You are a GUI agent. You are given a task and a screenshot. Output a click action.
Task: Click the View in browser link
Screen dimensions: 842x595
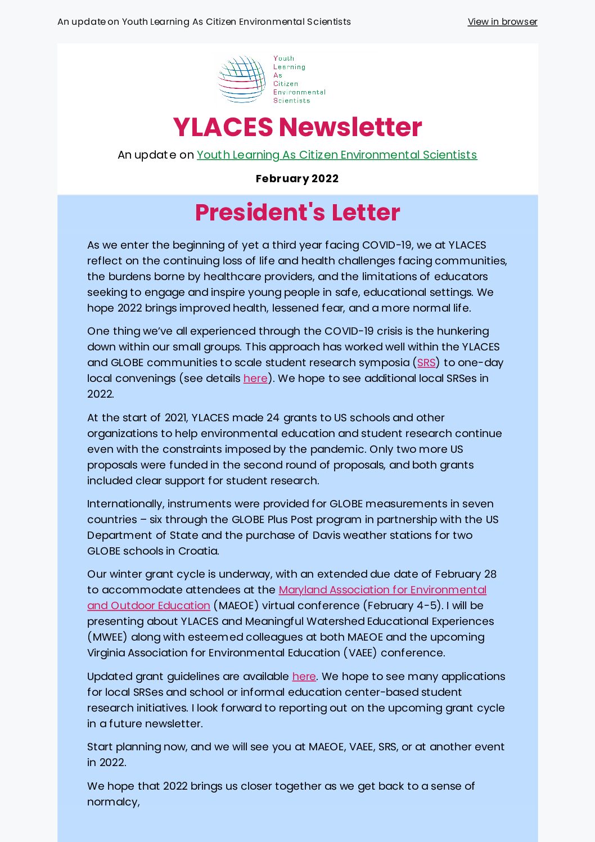point(502,22)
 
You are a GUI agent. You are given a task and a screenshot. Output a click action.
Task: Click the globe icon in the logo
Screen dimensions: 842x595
point(242,79)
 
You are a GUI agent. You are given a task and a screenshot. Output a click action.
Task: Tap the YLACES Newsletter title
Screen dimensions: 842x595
point(297,127)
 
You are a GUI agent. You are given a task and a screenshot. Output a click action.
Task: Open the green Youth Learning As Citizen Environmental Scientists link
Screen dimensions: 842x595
point(337,155)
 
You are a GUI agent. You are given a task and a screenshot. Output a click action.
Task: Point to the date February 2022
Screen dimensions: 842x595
point(297,179)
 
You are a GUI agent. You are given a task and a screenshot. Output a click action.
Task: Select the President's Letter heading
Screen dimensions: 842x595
point(297,213)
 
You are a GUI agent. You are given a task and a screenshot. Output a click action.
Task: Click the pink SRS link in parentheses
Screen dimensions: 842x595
point(426,363)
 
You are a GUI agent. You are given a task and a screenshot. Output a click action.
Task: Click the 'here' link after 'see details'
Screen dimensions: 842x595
point(255,379)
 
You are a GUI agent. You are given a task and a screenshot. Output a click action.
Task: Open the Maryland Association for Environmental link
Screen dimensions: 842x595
point(382,590)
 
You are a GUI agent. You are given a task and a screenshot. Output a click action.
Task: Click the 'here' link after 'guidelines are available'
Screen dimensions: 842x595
point(304,677)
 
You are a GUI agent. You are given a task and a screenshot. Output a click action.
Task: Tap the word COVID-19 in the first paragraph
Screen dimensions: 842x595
point(386,245)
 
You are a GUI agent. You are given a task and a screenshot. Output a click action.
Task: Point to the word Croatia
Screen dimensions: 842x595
point(198,551)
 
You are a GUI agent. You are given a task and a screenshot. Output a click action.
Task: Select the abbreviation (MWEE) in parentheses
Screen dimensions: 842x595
point(107,637)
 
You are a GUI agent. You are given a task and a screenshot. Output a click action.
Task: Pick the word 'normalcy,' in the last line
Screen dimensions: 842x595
point(114,802)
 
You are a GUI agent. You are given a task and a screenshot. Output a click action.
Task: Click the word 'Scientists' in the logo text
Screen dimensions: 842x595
point(292,101)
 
